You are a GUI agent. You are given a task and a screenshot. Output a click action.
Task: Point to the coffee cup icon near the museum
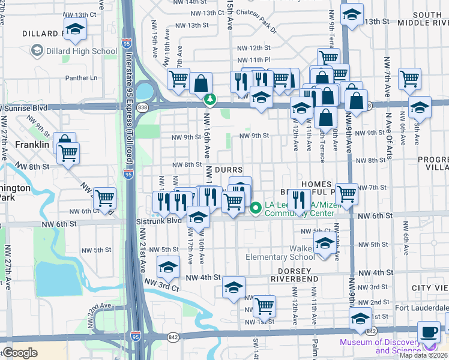(x=429, y=332)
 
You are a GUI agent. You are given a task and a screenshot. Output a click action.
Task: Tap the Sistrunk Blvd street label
(x=164, y=220)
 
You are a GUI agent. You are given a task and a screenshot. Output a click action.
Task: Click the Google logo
(x=19, y=353)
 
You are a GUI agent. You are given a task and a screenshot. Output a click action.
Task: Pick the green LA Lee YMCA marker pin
(x=256, y=208)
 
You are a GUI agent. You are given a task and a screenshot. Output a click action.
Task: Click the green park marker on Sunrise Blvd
(x=209, y=99)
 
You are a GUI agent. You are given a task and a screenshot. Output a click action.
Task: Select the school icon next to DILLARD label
(x=75, y=29)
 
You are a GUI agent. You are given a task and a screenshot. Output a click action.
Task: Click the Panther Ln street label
(x=81, y=77)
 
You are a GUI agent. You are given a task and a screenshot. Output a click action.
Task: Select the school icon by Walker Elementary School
(x=324, y=244)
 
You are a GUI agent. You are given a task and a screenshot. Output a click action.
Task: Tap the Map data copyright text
(x=423, y=355)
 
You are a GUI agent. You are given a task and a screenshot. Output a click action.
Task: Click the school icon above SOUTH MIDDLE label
(x=352, y=14)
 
